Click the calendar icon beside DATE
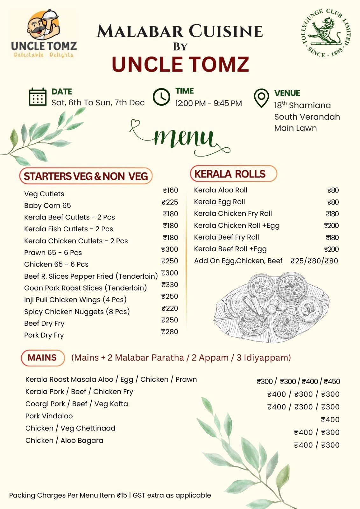(x=38, y=97)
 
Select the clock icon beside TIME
(x=161, y=97)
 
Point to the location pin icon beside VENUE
(x=261, y=98)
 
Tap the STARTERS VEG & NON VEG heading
(x=86, y=176)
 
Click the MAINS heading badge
(x=43, y=358)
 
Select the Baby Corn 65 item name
(x=47, y=206)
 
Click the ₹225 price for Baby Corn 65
(x=170, y=202)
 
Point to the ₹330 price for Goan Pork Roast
(x=170, y=285)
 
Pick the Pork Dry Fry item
(x=44, y=335)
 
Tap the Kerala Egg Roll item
(x=219, y=202)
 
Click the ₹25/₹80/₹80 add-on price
(x=314, y=261)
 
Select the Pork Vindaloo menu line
(x=49, y=416)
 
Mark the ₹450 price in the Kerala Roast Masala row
(x=332, y=381)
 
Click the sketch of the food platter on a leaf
(x=272, y=308)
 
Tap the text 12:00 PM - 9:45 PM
(x=208, y=103)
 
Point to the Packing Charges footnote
(x=110, y=495)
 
